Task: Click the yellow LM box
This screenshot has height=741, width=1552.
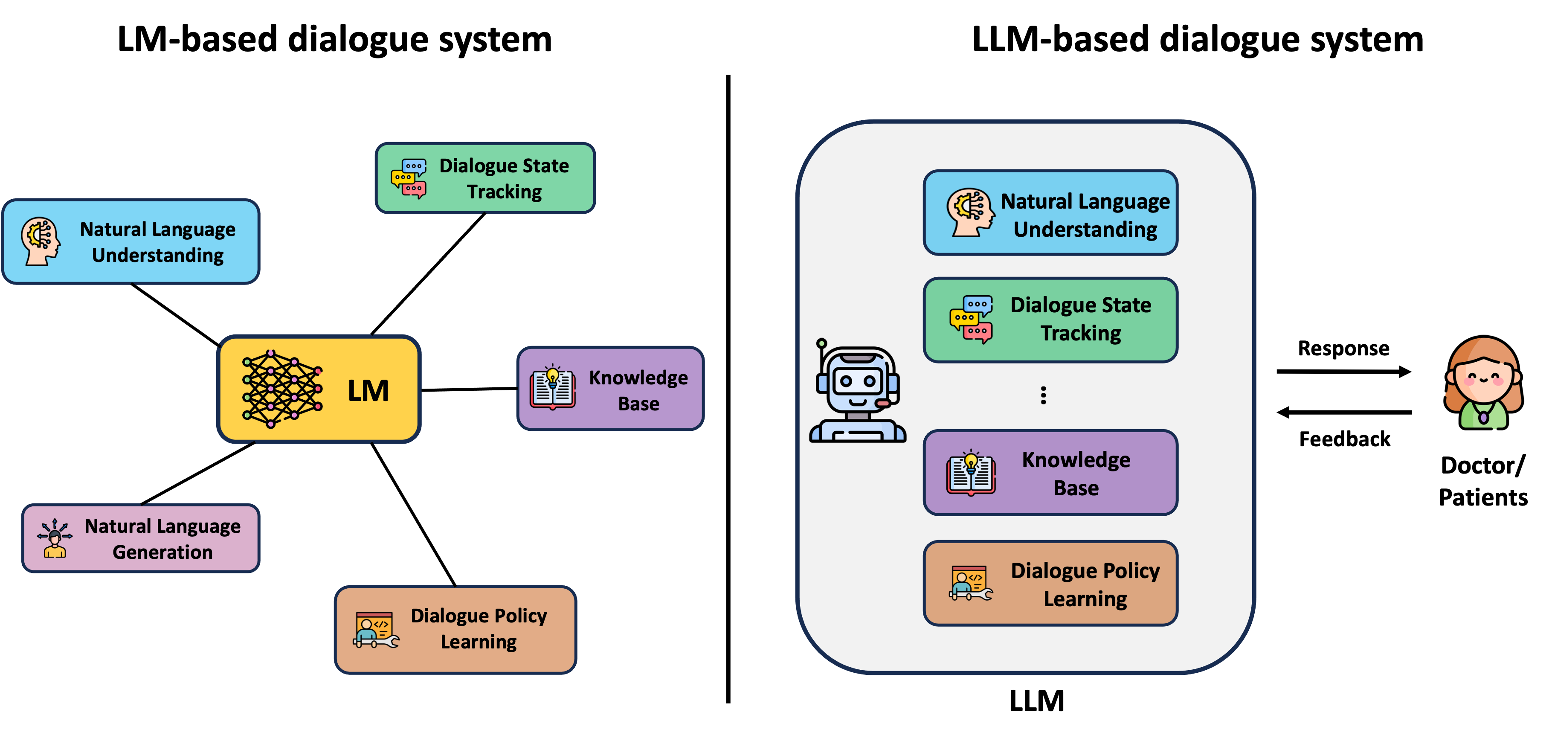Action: [319, 389]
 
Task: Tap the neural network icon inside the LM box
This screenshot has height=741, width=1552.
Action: [281, 389]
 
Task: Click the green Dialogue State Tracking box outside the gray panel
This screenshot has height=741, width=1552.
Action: [485, 178]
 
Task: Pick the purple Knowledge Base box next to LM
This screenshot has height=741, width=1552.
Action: [610, 389]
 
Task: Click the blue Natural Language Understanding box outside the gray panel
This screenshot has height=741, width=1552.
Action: [131, 241]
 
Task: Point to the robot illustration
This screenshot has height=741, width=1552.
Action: [857, 392]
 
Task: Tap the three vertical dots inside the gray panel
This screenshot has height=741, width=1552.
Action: [1043, 395]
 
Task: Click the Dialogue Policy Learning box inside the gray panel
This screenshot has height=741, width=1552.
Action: [1050, 583]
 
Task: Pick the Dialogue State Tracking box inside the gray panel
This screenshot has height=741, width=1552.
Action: [1050, 319]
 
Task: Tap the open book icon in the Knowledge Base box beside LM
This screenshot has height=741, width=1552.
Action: [552, 388]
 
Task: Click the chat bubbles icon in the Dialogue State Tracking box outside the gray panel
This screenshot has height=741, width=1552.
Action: [409, 178]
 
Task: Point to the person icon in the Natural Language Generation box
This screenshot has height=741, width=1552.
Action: [55, 538]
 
